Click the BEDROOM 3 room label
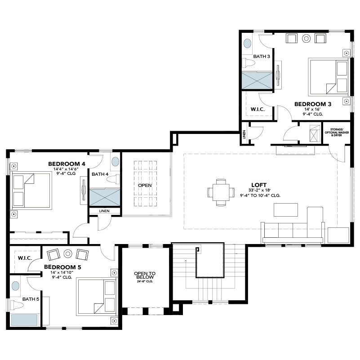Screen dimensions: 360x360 coord(313,104)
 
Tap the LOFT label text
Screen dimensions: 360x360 coord(259,185)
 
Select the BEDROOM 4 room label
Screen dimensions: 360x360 coord(67,164)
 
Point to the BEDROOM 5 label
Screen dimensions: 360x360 coord(62,267)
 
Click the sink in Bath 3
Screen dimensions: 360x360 coord(247,44)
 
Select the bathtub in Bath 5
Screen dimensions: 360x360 coord(24,320)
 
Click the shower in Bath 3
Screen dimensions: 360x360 coord(257,80)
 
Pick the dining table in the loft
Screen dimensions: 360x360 coord(221,192)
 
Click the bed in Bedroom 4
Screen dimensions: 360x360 coord(31,191)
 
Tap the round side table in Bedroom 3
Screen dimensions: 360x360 coord(306,38)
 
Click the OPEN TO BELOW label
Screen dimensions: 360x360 coord(145,275)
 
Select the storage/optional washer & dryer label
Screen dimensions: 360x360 coord(337,133)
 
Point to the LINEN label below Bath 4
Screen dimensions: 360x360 coord(104,211)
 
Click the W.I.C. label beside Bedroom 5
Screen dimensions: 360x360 coord(25,258)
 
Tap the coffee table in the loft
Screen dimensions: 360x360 coord(286,210)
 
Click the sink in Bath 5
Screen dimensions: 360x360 coord(15,286)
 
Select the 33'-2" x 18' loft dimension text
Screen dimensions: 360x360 coord(260,190)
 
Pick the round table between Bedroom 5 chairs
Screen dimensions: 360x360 coord(68,253)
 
